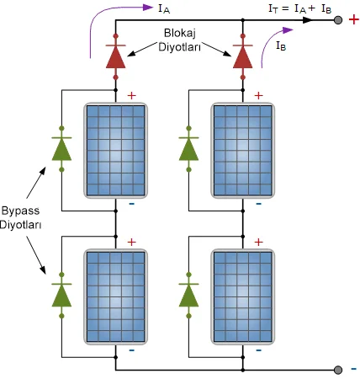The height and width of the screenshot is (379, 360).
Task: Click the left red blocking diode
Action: click(x=115, y=56)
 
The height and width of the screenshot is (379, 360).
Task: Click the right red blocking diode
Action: click(x=243, y=56)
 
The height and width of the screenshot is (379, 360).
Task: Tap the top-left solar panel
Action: click(x=116, y=151)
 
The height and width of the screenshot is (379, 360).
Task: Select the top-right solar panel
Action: click(x=243, y=151)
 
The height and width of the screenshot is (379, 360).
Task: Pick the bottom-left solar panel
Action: click(x=116, y=296)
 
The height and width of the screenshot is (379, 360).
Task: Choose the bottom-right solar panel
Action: click(x=243, y=296)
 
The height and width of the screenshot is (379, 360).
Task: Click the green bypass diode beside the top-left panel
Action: click(x=61, y=149)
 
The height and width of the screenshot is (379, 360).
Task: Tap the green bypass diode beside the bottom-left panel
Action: click(x=61, y=296)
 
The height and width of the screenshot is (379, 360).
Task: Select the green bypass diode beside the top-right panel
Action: click(x=188, y=149)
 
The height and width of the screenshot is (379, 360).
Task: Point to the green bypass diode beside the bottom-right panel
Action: click(x=188, y=296)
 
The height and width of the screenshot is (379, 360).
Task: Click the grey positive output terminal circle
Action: click(x=338, y=20)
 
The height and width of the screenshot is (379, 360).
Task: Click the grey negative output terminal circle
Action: click(x=338, y=370)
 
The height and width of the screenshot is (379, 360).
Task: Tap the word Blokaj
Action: click(x=180, y=34)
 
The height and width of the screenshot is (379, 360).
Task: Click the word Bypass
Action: click(x=20, y=211)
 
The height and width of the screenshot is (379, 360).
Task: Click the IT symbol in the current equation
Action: click(x=273, y=9)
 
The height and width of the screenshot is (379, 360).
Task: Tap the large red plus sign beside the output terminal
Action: click(x=353, y=19)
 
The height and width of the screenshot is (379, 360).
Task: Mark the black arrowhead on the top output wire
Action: click(x=308, y=20)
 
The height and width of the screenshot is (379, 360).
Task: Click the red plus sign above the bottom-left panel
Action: click(x=132, y=242)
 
